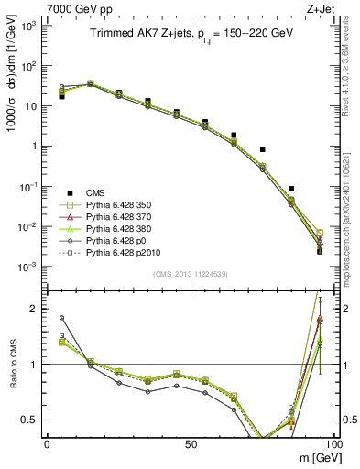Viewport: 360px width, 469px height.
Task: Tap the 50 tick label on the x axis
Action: (x=190, y=442)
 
